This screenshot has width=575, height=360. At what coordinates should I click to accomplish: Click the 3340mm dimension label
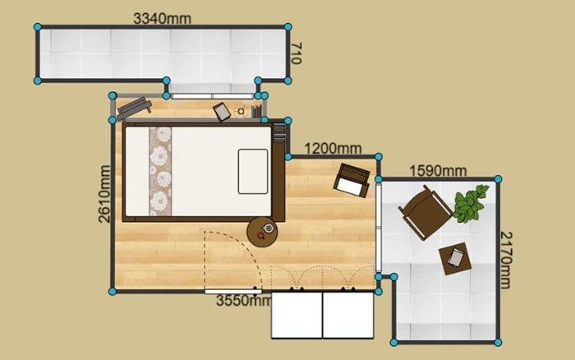click(162, 18)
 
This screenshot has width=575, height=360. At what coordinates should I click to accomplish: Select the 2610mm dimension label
click(104, 194)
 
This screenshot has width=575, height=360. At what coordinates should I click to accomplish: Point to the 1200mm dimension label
click(333, 149)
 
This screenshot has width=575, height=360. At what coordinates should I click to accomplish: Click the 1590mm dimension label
click(438, 171)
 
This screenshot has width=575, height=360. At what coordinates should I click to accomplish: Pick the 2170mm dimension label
click(505, 260)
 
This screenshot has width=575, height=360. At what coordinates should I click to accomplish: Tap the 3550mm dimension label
click(243, 301)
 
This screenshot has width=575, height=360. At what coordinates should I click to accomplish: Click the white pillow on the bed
click(253, 172)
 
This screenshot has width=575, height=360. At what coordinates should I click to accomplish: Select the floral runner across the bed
click(160, 172)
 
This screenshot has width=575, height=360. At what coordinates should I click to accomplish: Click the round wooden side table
click(262, 233)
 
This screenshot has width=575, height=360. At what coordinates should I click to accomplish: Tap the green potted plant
click(471, 204)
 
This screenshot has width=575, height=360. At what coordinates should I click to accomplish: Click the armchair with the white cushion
click(352, 181)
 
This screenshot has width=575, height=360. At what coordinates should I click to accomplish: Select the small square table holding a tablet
click(455, 259)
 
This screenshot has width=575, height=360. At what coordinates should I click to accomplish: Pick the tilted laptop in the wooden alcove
click(222, 112)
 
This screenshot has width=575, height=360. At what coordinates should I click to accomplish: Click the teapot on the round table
click(269, 228)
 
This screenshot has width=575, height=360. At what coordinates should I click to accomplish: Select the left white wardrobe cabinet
click(297, 315)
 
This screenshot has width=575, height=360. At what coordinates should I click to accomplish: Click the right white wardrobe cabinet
click(348, 315)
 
